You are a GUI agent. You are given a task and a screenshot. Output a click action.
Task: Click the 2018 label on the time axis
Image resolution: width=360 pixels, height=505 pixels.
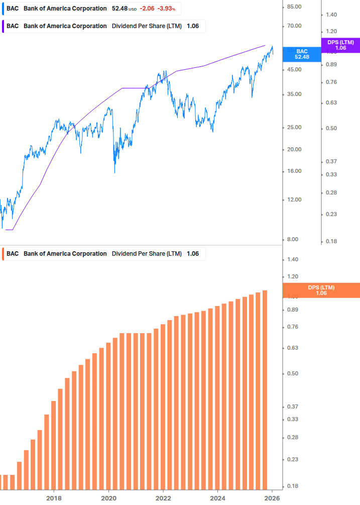[x=54, y=498]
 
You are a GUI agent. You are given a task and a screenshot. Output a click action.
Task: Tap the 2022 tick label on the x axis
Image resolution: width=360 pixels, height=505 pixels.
[x=163, y=498]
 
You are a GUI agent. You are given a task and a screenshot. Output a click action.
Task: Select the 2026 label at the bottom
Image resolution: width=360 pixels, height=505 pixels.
[x=272, y=498]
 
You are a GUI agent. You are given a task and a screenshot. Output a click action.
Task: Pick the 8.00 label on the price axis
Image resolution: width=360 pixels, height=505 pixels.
[x=293, y=240]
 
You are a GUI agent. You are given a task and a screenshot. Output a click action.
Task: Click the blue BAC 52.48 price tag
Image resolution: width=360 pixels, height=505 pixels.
[x=302, y=54]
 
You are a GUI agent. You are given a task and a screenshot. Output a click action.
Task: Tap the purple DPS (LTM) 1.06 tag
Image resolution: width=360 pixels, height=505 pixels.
[x=340, y=45]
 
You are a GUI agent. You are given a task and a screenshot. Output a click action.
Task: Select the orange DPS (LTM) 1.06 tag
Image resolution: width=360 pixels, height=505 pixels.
[x=321, y=290]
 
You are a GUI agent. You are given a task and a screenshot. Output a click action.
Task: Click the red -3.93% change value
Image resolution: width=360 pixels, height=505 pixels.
[x=167, y=9]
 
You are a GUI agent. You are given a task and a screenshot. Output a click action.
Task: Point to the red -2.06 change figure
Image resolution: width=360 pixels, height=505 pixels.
[x=147, y=9]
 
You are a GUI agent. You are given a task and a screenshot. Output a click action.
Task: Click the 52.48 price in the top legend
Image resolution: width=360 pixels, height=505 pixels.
[x=119, y=9]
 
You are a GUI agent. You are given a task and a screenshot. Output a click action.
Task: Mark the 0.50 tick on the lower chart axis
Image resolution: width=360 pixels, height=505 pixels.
[x=293, y=373]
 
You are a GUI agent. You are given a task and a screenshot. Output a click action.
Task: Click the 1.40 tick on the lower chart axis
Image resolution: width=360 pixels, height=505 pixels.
[x=293, y=259]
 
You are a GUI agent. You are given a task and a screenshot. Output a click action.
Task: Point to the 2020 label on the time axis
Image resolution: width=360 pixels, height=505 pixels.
[x=108, y=498]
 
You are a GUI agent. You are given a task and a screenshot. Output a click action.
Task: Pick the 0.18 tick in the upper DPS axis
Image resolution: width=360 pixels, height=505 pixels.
[x=331, y=241]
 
